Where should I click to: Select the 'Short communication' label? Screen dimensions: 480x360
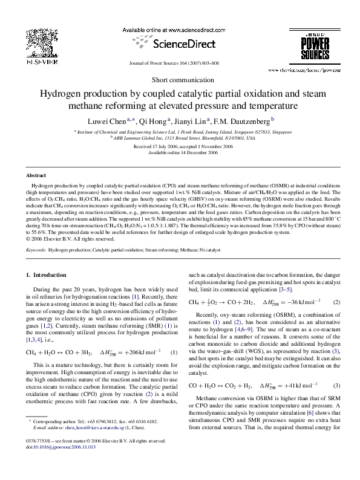[180, 79]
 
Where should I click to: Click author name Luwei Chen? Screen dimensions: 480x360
[116, 120]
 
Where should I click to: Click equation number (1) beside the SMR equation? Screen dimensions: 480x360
[174, 352]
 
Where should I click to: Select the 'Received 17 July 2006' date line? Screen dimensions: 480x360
[180, 147]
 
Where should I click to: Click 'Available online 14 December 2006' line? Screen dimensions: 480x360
[180, 153]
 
